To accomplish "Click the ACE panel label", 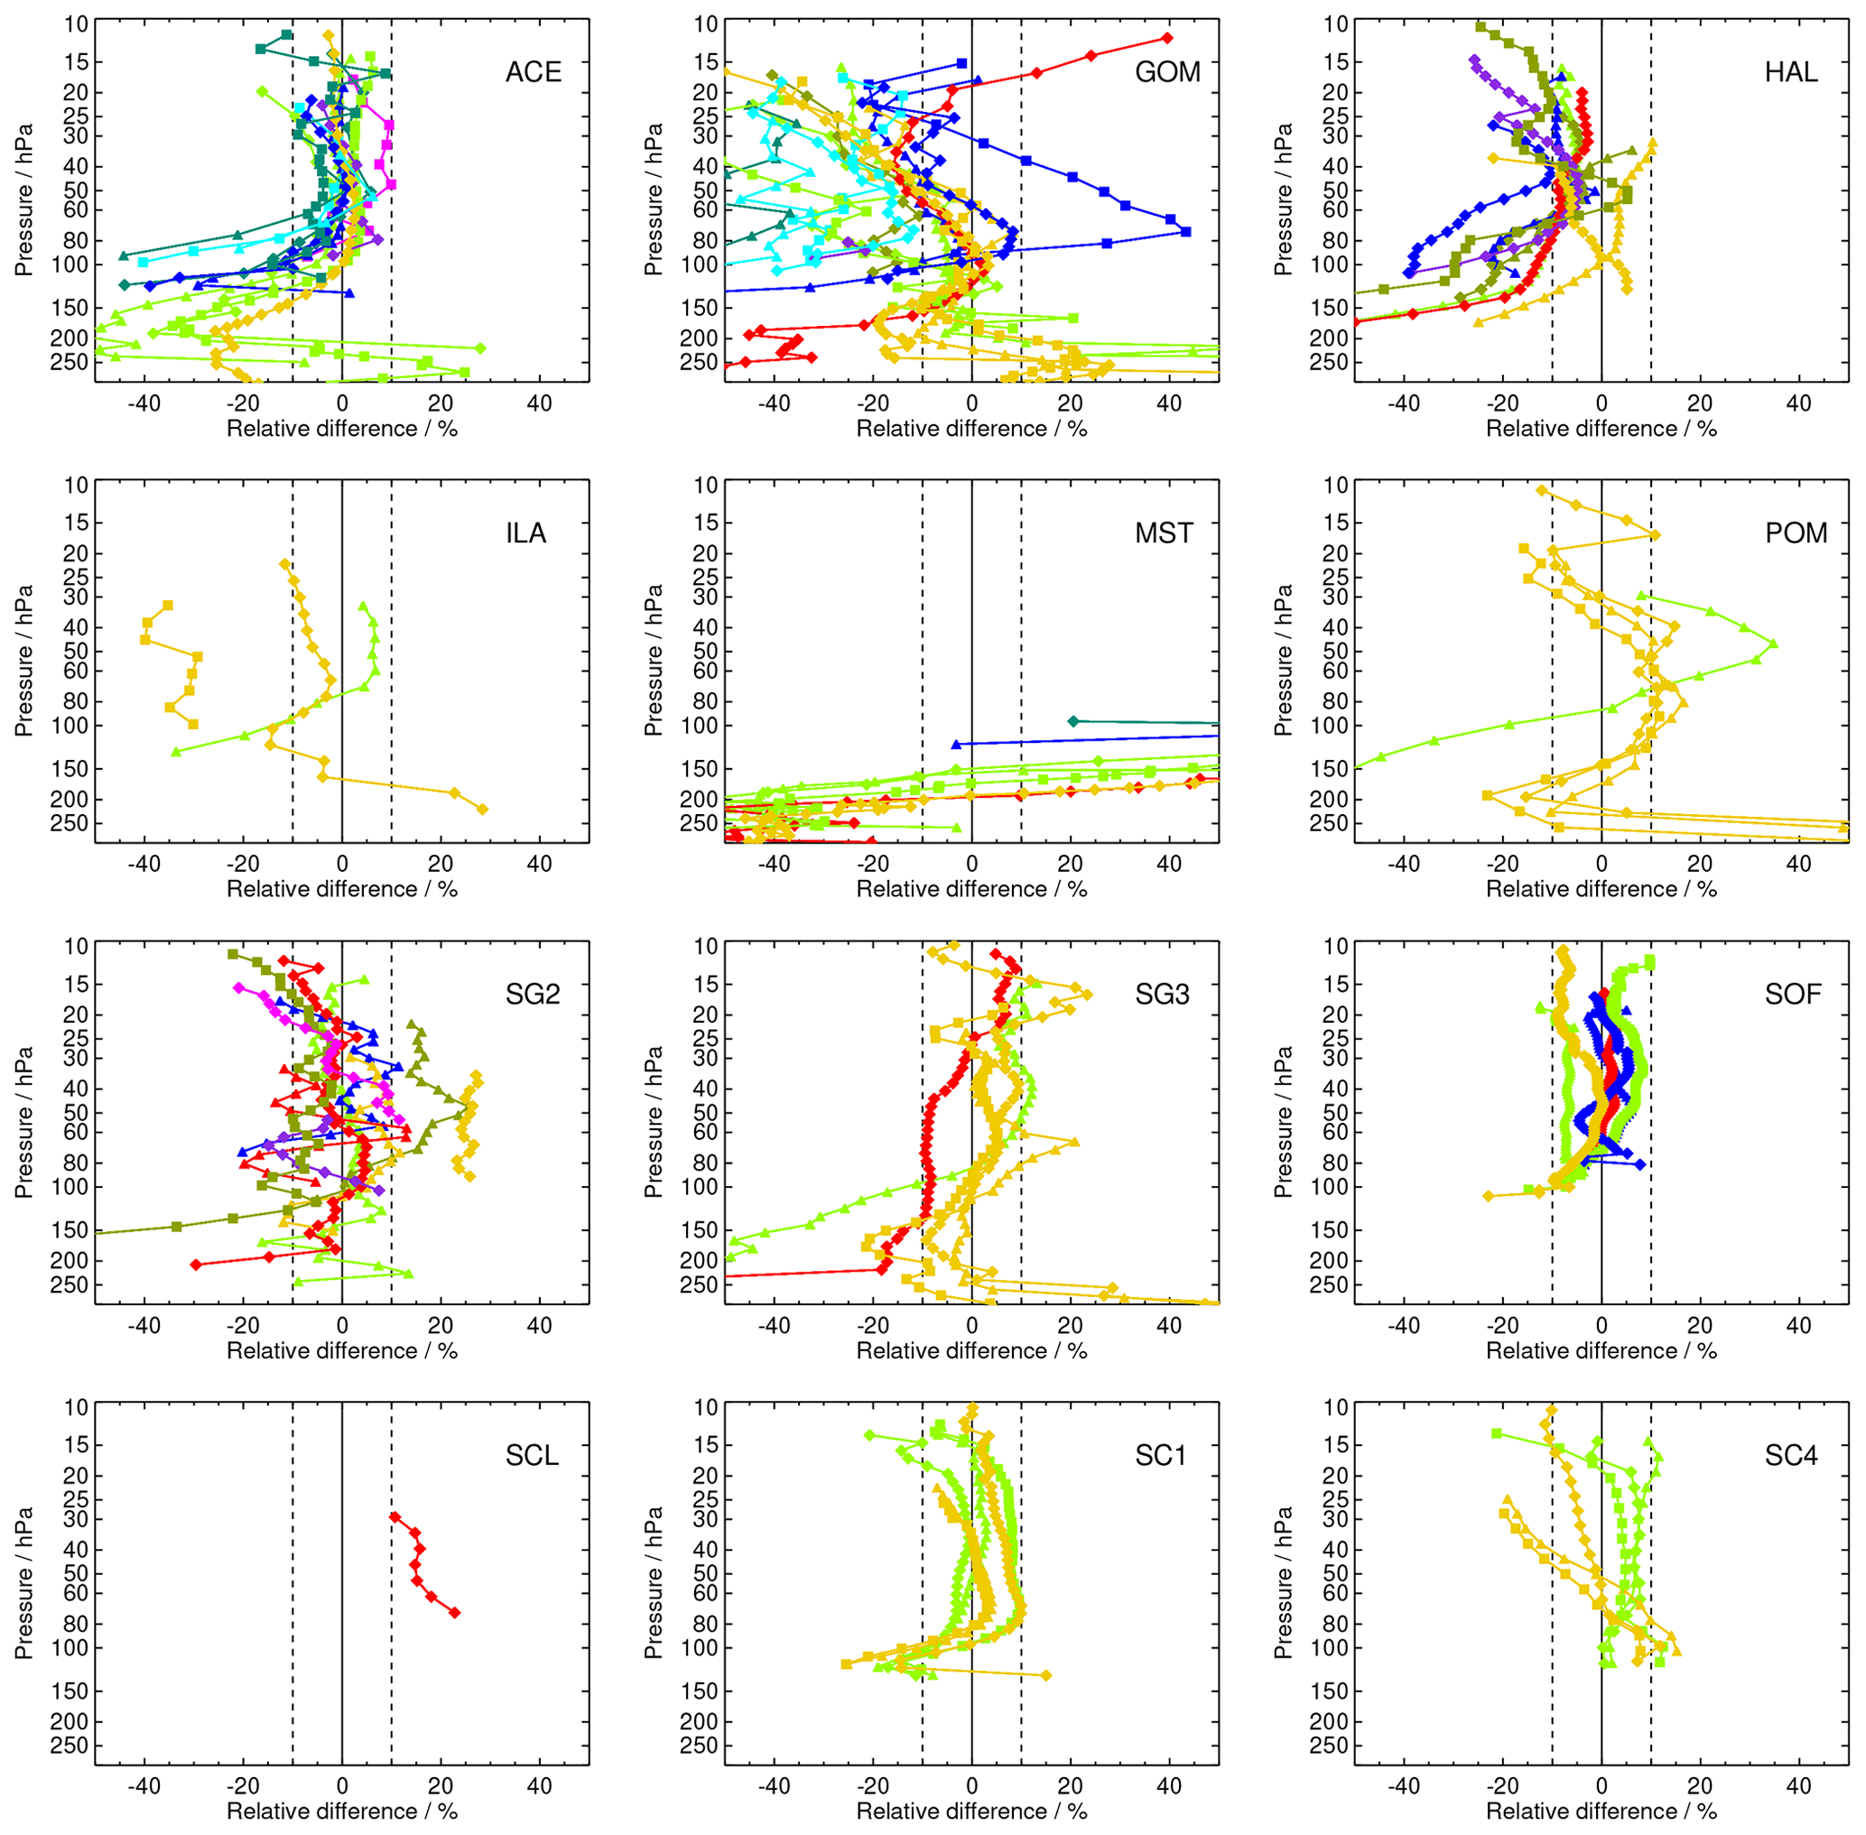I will tap(533, 72).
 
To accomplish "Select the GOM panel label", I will tap(1167, 72).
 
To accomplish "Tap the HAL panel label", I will tap(1791, 72).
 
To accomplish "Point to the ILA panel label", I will tap(526, 533).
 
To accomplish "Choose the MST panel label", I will tap(1164, 533).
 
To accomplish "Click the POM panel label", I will tap(1796, 533).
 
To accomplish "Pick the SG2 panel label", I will tap(532, 994).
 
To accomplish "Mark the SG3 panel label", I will tap(1162, 994).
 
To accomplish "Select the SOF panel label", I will tap(1793, 994).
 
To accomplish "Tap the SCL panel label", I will tap(532, 1454).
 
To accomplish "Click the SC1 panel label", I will tap(1159, 1454).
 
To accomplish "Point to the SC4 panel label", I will tap(1791, 1454).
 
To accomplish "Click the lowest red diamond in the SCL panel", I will tap(455, 1612).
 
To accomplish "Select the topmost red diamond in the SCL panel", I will tap(395, 1517).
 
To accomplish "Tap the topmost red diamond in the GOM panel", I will tap(1167, 38).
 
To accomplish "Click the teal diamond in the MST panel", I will tap(1073, 721).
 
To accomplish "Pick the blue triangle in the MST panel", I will tap(956, 744).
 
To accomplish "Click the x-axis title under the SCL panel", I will tap(341, 1812).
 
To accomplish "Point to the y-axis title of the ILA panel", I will tap(24, 660).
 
